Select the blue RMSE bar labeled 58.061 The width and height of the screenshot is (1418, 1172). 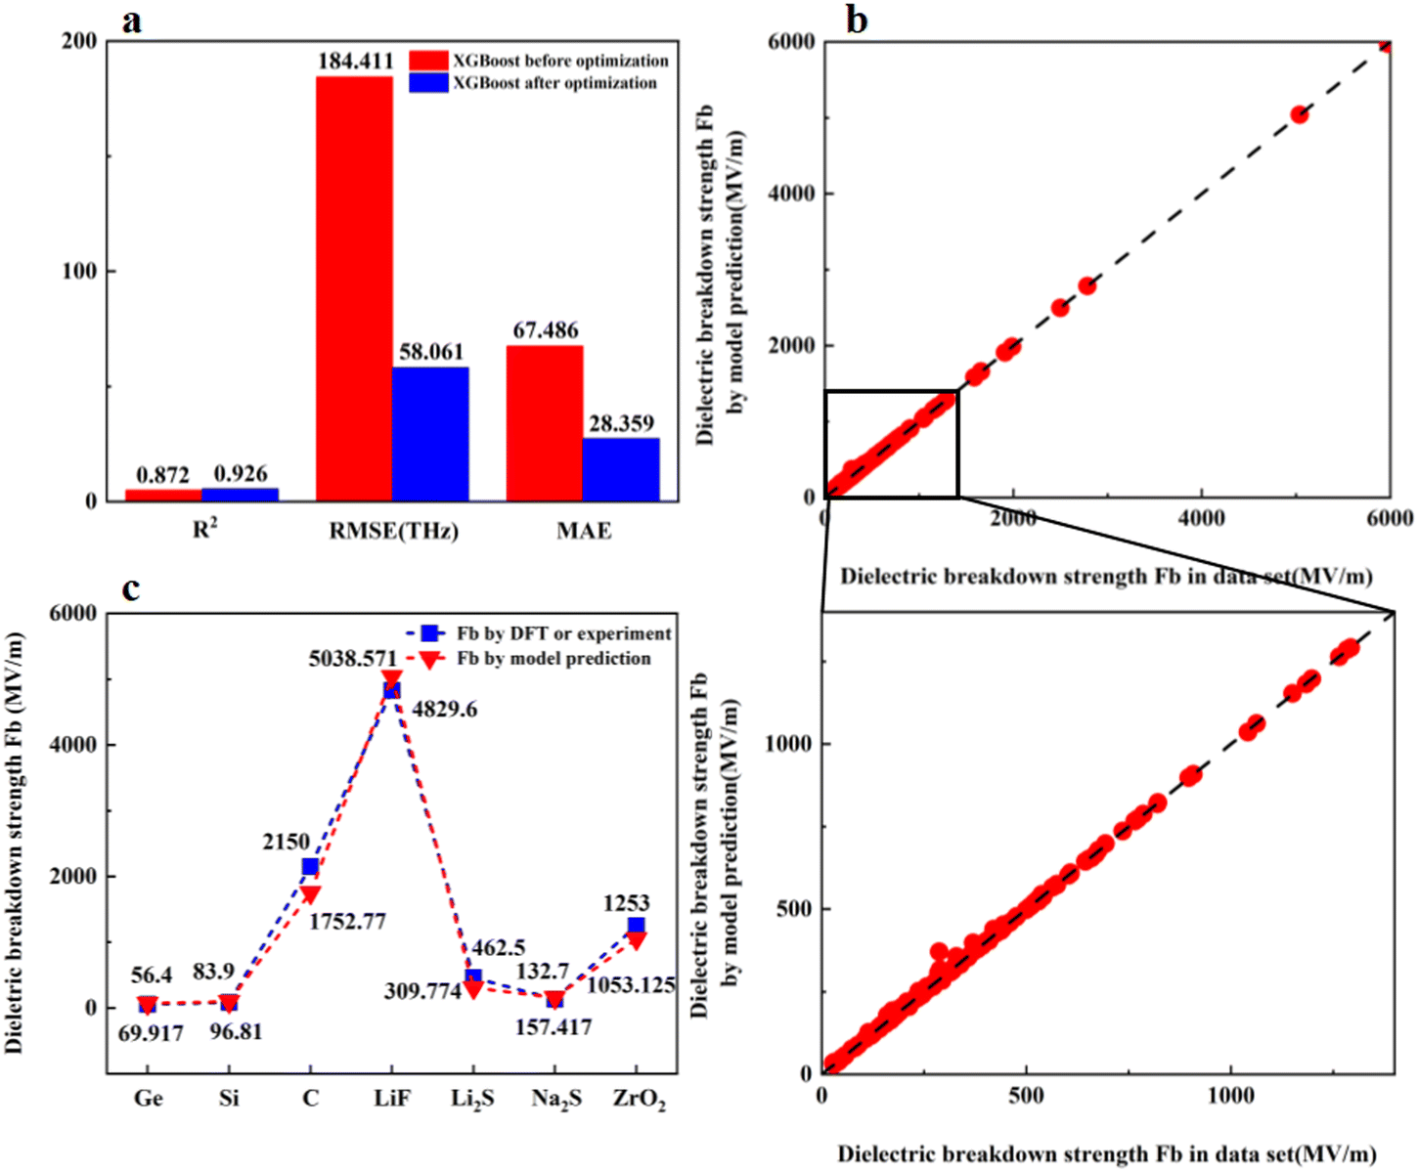click(x=430, y=434)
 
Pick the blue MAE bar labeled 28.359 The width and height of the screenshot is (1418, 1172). click(x=621, y=469)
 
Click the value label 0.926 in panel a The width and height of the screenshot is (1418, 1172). click(x=241, y=474)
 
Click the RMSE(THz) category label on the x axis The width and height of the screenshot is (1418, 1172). click(x=393, y=531)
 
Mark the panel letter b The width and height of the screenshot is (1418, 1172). click(x=857, y=20)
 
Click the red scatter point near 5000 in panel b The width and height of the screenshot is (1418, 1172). click(x=1300, y=114)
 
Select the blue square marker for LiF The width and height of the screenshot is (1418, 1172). click(x=391, y=690)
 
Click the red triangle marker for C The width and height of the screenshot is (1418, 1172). click(x=310, y=893)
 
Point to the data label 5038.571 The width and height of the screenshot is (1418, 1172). click(x=353, y=659)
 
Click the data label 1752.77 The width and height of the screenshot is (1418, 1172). click(x=347, y=922)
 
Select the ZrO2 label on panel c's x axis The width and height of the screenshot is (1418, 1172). click(x=639, y=1099)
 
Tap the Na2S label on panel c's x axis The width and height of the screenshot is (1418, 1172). click(x=556, y=1099)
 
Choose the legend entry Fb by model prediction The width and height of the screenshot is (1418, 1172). click(x=553, y=659)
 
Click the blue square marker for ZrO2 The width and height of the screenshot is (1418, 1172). click(x=637, y=926)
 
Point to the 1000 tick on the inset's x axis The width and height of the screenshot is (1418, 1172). click(x=1229, y=1096)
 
